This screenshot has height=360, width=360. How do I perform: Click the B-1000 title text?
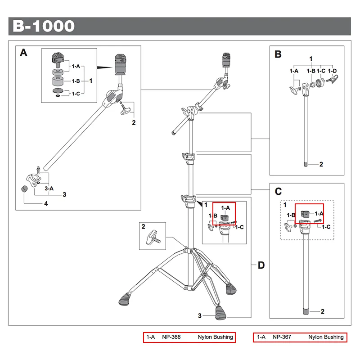point(44,26)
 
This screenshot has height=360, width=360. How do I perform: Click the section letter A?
point(24,53)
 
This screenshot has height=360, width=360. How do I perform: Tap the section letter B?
point(278,54)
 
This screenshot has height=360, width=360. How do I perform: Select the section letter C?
point(279,191)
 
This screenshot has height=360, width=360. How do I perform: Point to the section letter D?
point(261,265)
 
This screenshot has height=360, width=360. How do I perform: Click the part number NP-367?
point(281,337)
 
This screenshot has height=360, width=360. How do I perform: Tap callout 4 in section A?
point(46,203)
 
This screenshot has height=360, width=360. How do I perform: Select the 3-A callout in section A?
point(49,189)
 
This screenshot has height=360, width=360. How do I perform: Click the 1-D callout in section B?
point(333,71)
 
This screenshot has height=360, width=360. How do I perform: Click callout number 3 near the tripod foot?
point(199,315)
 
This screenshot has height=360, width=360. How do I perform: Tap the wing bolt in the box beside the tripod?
point(151,236)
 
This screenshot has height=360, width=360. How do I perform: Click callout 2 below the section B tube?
point(321,165)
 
